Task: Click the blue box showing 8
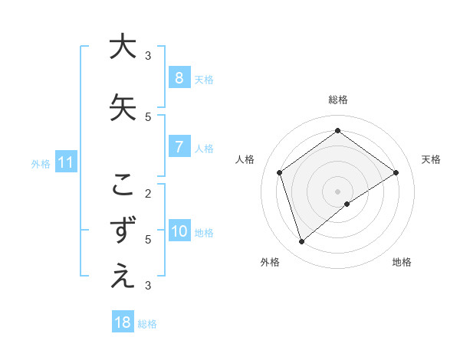tap(179, 78)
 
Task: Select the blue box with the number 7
tap(179, 147)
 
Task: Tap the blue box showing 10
tap(179, 231)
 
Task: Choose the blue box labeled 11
tap(65, 162)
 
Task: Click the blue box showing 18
tap(123, 322)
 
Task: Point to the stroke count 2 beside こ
tap(148, 193)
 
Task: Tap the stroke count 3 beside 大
tap(148, 55)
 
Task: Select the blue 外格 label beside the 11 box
tap(41, 163)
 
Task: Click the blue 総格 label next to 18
tap(147, 323)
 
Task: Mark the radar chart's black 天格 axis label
tap(431, 159)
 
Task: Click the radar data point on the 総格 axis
tap(337, 131)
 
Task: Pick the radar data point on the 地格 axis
tap(347, 204)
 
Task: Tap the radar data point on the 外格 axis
tap(302, 241)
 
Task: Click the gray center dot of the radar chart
tap(337, 191)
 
